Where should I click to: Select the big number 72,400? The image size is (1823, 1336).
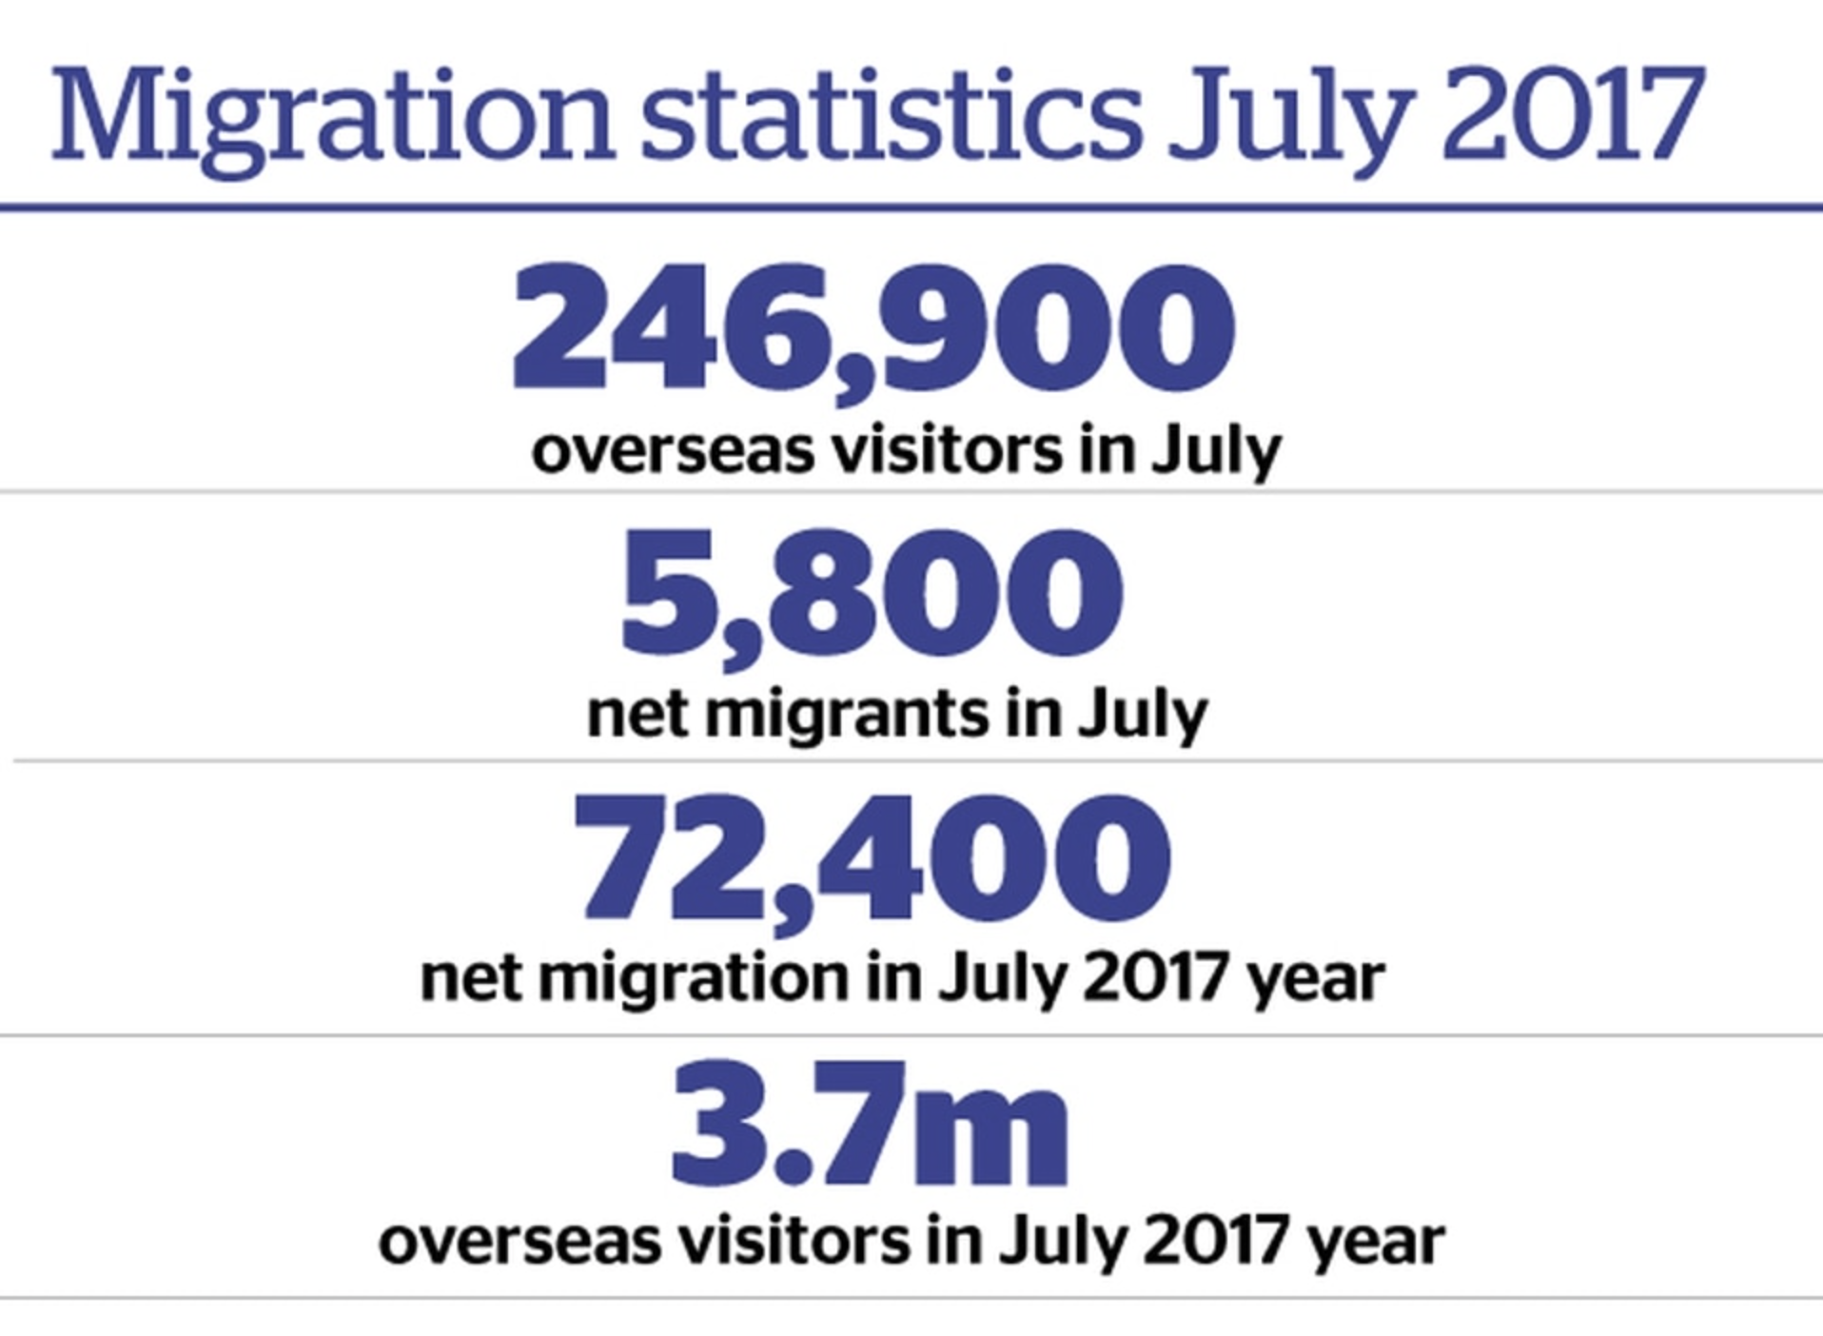pos(872,861)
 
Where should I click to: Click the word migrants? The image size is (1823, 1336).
pos(847,716)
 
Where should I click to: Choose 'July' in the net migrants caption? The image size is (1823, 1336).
pos(1142,716)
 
